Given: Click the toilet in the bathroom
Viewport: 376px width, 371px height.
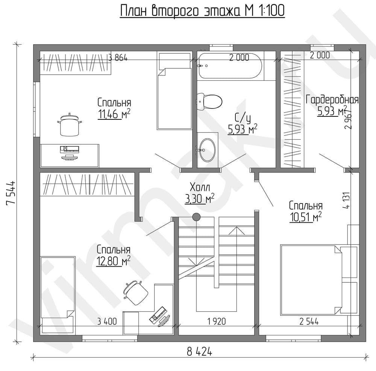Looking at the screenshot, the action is pos(209,101).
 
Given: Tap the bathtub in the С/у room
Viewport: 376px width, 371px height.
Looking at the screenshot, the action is pos(230,66).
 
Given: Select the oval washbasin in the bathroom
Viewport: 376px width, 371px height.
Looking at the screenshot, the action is pos(208,150).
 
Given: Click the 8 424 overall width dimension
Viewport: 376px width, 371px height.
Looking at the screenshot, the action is pos(200,352).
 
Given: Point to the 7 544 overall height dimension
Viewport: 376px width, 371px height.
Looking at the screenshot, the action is pos(11,193).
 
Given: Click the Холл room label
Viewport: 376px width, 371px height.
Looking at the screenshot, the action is pos(200,187).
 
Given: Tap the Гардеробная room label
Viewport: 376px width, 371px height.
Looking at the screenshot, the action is pos(332,100).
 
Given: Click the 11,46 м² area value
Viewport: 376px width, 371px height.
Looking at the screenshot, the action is pos(114,114).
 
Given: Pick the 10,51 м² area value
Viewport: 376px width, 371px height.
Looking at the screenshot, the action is pos(305,217).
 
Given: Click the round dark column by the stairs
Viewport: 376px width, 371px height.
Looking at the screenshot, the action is pos(196,217).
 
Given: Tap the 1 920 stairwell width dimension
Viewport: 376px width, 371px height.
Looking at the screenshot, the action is pos(217,321).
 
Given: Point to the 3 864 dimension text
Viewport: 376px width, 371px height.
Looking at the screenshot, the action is pos(118,58).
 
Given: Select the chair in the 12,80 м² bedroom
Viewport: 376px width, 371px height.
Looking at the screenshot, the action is pos(135,293).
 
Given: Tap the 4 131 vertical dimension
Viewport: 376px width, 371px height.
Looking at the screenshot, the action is pos(347,200).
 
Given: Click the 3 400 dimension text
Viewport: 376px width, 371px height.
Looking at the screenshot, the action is pos(107,321).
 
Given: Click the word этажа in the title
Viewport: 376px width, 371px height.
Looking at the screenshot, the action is pos(221,11).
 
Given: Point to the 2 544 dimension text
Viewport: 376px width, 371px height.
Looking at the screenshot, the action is pos(309,321).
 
